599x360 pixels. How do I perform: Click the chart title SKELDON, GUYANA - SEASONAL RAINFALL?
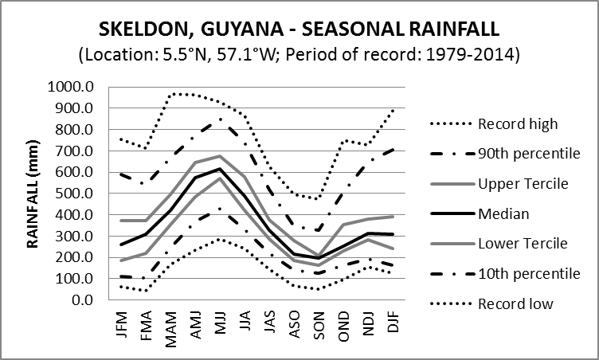point(299,29)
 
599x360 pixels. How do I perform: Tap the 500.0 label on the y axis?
point(76,194)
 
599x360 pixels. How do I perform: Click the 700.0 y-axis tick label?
point(76,151)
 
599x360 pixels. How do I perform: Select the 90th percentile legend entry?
point(523,154)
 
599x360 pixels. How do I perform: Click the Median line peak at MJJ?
point(221,169)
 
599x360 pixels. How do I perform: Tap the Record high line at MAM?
point(171,94)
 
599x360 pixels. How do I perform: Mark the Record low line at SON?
point(319,289)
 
